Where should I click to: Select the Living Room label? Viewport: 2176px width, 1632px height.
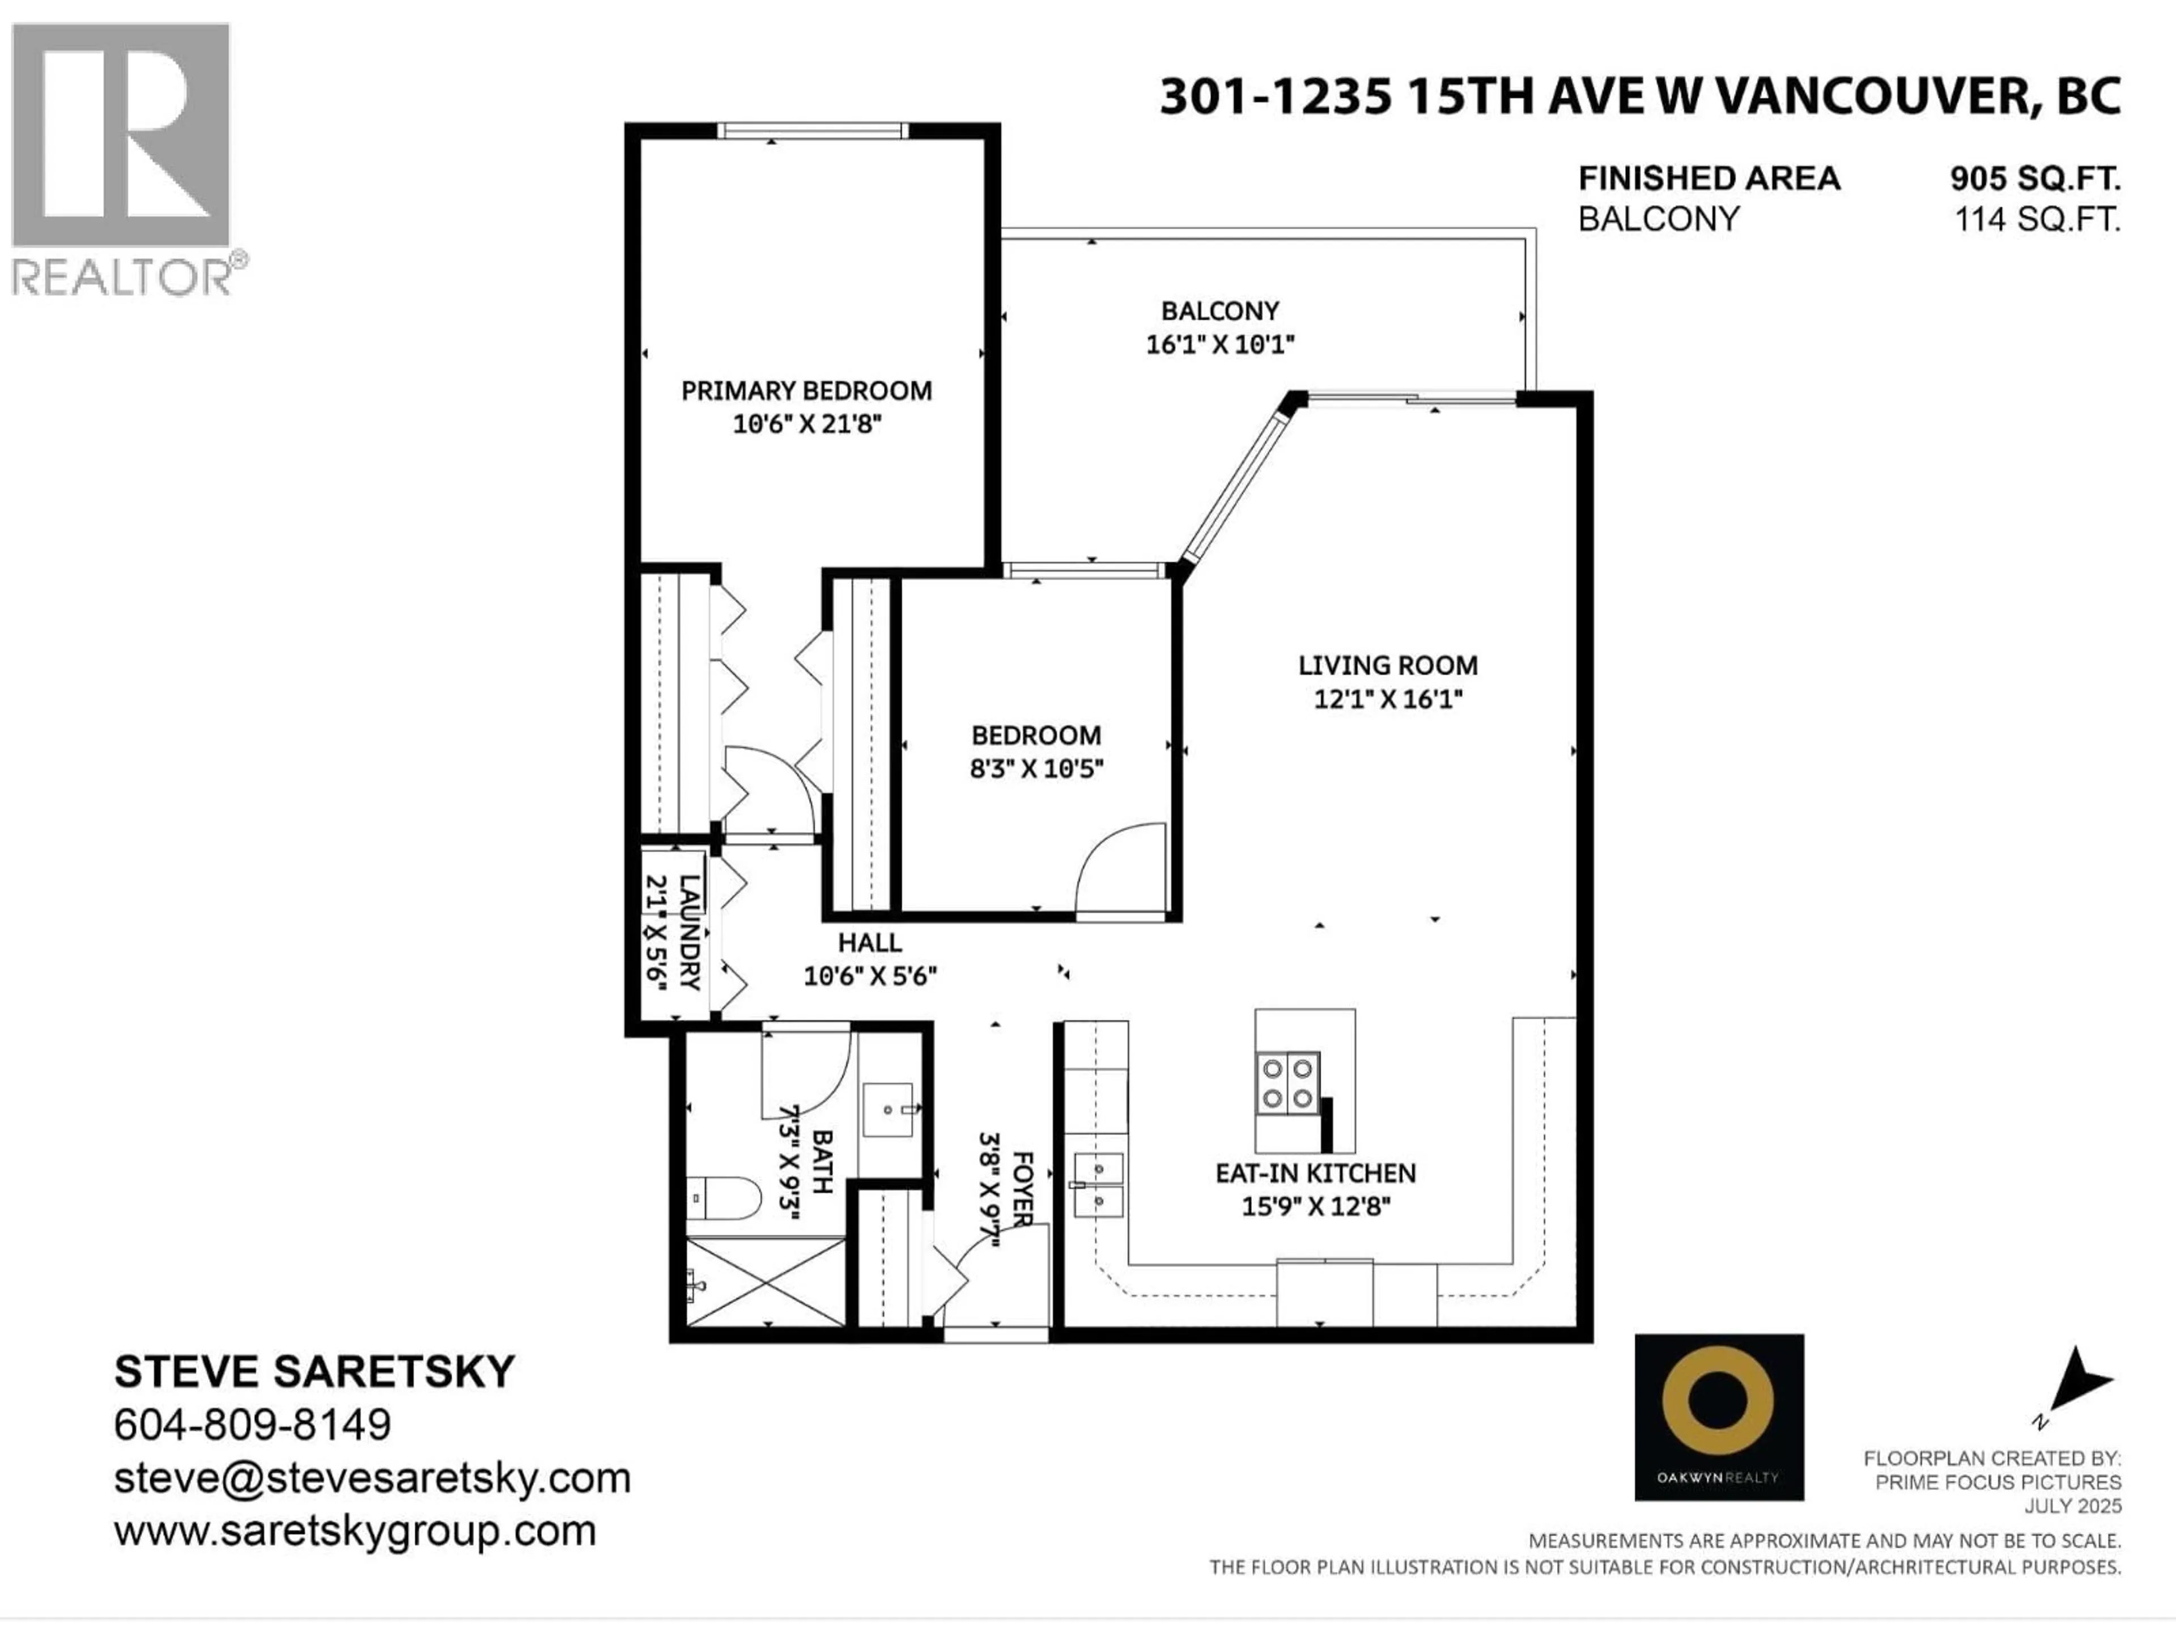(x=1387, y=665)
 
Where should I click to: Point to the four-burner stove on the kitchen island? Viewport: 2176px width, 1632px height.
(x=1287, y=1083)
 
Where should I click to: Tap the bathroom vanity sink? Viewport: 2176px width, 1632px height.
(x=889, y=1110)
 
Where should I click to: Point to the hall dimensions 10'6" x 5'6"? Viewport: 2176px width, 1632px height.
(x=870, y=976)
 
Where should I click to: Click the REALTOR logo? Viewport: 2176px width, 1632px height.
(x=122, y=158)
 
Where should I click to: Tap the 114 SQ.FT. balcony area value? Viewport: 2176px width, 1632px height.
(x=2036, y=218)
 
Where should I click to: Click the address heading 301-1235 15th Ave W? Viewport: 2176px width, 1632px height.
(x=1639, y=96)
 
